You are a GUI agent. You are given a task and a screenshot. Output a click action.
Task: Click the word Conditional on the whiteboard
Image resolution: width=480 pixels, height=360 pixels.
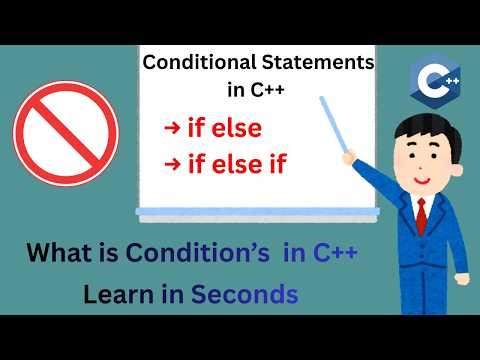tap(193, 63)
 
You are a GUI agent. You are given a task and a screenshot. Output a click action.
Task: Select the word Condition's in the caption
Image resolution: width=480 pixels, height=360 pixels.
tap(197, 254)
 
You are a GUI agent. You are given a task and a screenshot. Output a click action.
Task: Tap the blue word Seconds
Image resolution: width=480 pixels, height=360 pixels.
tap(245, 295)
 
